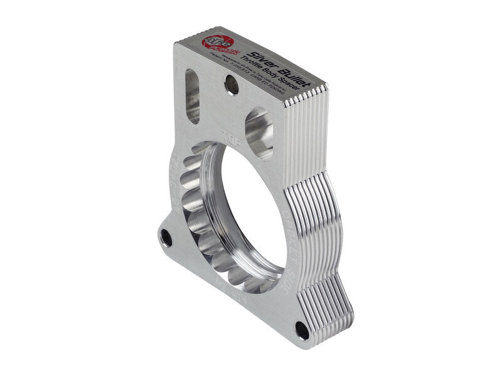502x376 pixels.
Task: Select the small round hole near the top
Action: [x=232, y=85]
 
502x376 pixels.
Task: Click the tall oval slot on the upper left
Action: [x=192, y=95]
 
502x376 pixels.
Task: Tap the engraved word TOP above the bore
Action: [x=230, y=134]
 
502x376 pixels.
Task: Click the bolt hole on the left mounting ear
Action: [x=167, y=237]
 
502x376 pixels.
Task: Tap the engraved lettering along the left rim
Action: [x=176, y=188]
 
